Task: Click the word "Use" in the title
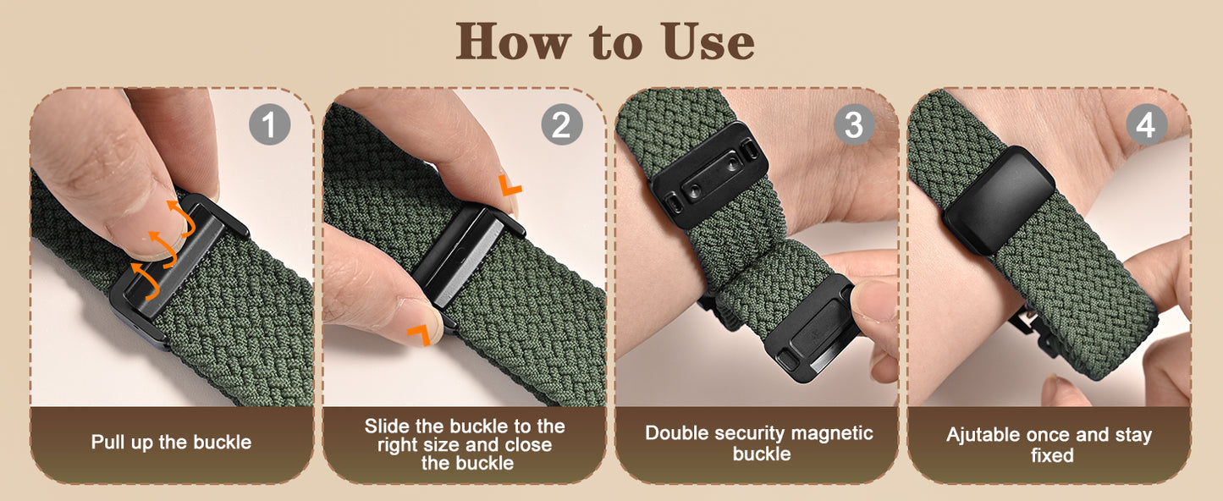(708, 42)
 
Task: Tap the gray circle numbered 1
(269, 124)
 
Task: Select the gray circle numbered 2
(562, 124)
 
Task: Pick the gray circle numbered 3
(855, 124)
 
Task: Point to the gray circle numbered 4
(1147, 124)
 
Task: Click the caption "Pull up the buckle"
(172, 442)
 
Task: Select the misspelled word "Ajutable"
(983, 435)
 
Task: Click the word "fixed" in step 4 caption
(1052, 455)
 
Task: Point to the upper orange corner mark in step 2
(510, 184)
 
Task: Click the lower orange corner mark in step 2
(419, 335)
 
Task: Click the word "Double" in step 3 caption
(678, 433)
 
